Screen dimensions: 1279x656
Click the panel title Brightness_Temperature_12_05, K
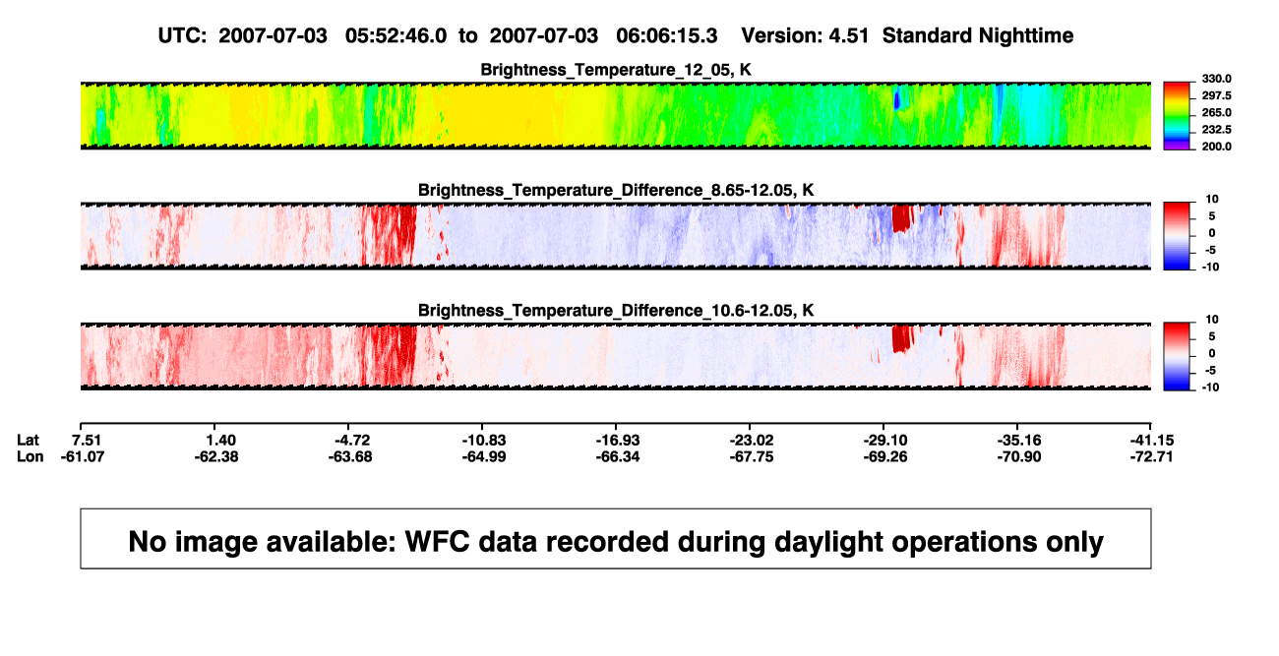coord(616,70)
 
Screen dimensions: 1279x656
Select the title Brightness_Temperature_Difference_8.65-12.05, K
coord(616,190)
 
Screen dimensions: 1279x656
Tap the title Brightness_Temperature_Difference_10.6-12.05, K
coord(616,311)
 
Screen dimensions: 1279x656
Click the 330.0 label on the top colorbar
coord(1216,79)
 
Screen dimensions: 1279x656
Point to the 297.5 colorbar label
coord(1216,95)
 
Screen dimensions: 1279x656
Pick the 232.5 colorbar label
coord(1216,130)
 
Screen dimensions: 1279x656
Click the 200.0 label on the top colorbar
coord(1216,147)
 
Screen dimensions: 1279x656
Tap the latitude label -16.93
coord(618,441)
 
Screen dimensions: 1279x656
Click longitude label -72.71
coord(1151,456)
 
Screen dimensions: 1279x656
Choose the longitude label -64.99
coord(484,456)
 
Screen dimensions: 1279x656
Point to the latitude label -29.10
coord(885,441)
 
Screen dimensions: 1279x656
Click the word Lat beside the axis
coord(28,441)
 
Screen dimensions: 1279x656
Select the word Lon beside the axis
coord(30,456)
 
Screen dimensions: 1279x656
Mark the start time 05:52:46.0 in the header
coord(396,35)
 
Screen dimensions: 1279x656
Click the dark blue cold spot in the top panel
coord(896,100)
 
